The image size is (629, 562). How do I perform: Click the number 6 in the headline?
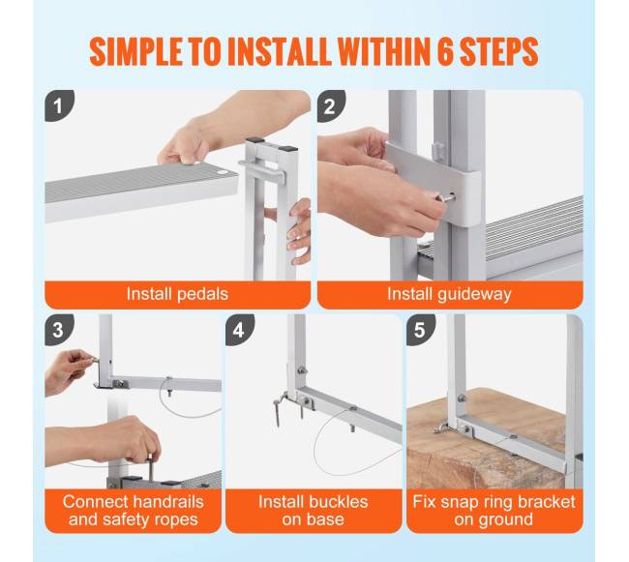pos(444,51)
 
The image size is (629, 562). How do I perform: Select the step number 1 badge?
pos(59,105)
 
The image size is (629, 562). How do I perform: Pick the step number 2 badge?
pos(331,105)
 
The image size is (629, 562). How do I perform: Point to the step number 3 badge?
pos(59,330)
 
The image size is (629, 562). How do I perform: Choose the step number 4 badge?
pos(239,330)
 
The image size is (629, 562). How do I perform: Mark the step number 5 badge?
pos(420,330)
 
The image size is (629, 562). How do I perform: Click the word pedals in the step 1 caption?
pos(202,295)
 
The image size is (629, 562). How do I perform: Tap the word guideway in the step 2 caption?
pos(474,295)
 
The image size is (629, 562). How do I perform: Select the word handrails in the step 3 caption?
pos(168,502)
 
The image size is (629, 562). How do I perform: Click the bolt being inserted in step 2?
pos(445,197)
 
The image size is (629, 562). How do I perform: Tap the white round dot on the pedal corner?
pos(222,171)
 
